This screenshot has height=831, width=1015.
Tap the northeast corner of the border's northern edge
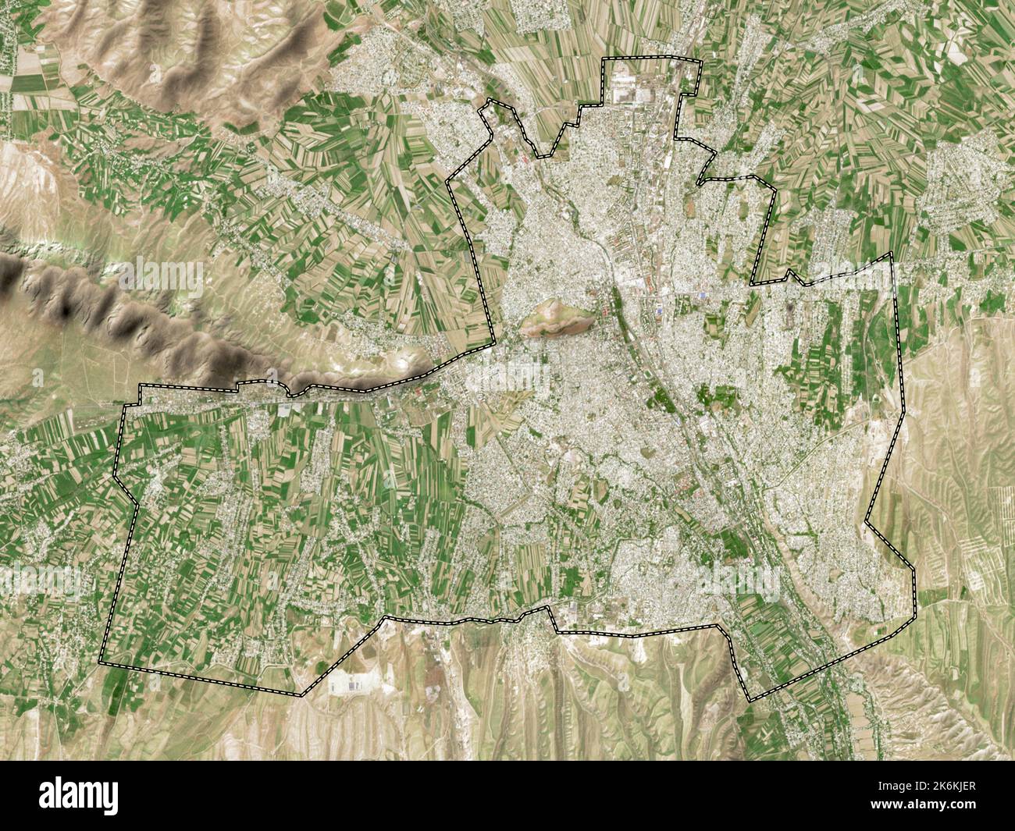[x=700, y=62]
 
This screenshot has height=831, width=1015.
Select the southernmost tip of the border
[x=750, y=701]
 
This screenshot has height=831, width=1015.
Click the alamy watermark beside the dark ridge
[x=156, y=273]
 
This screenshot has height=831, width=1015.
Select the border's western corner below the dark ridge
[x=139, y=386]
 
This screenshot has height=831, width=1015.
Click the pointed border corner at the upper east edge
[x=892, y=254]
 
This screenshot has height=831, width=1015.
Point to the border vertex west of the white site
[x=301, y=694]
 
